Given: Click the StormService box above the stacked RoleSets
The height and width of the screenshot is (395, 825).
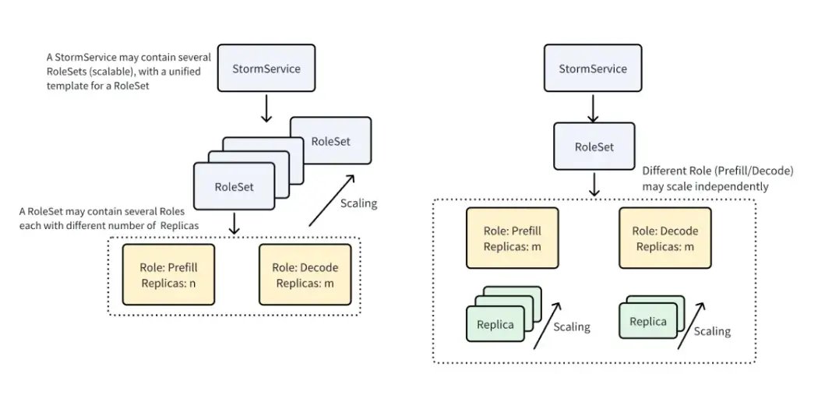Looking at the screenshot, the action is (266, 69).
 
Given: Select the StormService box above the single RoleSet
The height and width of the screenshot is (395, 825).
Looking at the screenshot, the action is (592, 69).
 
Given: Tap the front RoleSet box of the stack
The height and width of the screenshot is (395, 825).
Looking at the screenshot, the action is (234, 186).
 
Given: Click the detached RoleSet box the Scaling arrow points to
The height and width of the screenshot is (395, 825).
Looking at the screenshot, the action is (330, 141).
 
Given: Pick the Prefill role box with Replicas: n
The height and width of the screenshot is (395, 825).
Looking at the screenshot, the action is (168, 274).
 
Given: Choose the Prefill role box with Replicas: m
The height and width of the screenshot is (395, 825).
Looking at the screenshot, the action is (512, 238).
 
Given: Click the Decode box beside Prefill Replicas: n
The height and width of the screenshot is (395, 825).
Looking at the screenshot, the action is (305, 274).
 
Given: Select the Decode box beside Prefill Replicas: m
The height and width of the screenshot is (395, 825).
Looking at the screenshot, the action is (665, 238).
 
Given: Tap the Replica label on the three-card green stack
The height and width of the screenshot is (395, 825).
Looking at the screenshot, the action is (495, 325).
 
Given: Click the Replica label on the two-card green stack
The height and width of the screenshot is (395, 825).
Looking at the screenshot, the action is (647, 321).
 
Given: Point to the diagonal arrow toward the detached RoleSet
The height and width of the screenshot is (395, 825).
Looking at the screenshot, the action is (331, 200).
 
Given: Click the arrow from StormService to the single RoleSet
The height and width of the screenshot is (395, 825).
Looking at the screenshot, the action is (593, 108).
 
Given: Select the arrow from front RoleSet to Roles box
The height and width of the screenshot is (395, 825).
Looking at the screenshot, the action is (234, 223).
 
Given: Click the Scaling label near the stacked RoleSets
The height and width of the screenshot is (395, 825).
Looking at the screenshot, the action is (359, 203).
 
